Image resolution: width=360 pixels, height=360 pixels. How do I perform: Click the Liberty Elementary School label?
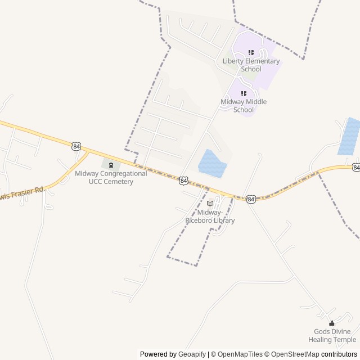click(x=251, y=65)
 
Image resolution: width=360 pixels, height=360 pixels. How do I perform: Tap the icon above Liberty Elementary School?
click(x=251, y=52)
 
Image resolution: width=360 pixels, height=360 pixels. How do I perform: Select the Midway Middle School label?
click(x=244, y=106)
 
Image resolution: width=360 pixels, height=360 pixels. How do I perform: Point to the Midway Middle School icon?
click(x=244, y=93)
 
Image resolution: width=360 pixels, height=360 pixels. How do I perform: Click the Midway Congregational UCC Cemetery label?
click(x=111, y=178)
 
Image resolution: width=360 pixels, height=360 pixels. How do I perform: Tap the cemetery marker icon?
click(x=111, y=165)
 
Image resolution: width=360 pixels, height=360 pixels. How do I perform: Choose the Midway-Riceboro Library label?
click(x=210, y=217)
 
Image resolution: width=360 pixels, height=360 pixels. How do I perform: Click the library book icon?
click(x=210, y=204)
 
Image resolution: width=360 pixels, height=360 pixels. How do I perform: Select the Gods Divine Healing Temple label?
click(x=332, y=335)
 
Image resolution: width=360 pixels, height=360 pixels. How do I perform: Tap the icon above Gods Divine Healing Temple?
click(x=332, y=323)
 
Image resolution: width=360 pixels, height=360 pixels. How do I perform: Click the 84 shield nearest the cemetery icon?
click(x=76, y=146)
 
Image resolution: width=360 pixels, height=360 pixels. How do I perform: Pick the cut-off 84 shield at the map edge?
click(x=356, y=168)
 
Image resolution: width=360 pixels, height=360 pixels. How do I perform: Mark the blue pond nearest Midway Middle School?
click(x=211, y=163)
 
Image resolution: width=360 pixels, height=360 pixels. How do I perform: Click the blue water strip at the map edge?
click(x=349, y=136)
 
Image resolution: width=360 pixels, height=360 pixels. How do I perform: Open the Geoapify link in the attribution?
click(x=192, y=354)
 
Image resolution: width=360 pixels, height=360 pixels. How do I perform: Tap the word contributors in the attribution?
click(x=339, y=354)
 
